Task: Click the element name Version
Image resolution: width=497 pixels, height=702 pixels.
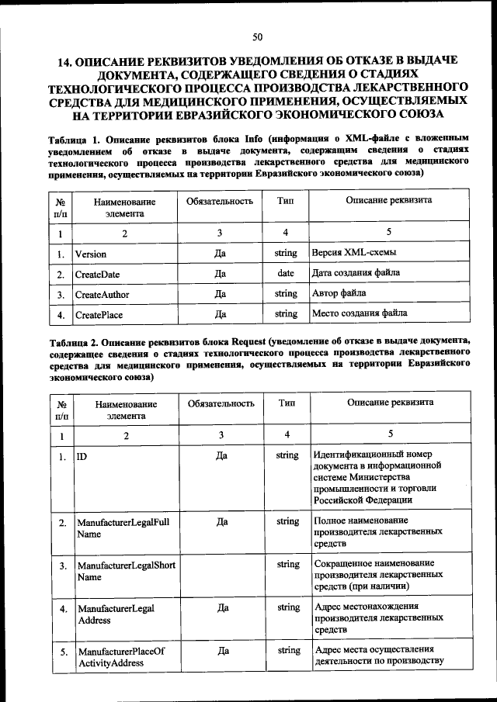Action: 91,254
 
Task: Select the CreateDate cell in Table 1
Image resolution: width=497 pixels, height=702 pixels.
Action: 97,275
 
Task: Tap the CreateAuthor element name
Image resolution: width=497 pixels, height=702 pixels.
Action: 102,295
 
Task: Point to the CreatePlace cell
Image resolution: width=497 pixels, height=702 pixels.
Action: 99,316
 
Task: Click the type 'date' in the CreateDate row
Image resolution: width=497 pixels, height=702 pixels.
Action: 286,274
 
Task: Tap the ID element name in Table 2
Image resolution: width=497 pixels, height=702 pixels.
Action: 81,456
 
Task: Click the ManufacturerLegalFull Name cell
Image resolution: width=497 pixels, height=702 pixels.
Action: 123,528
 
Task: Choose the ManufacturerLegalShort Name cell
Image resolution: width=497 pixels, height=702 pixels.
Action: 125,571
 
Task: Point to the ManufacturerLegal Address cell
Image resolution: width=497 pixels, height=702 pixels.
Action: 115,614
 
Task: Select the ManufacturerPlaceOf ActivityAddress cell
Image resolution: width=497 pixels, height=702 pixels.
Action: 121,657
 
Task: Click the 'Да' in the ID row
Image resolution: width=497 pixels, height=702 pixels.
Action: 222,455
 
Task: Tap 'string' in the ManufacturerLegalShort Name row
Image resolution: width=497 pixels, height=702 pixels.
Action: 287,565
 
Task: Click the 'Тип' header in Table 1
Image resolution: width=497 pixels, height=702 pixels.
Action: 285,201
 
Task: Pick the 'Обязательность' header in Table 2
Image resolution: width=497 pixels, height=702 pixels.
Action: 221,403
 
